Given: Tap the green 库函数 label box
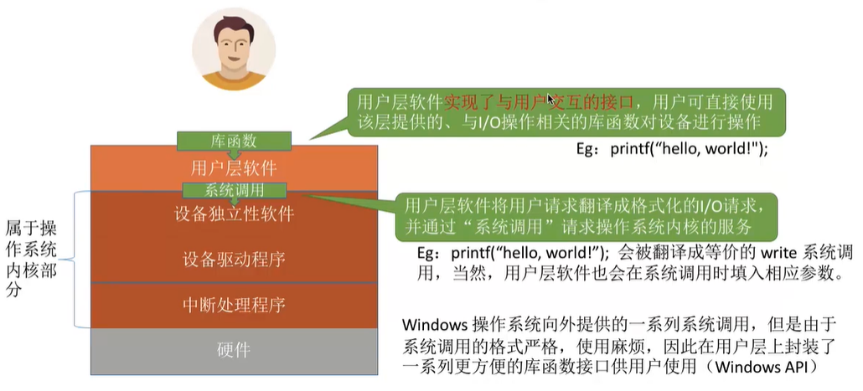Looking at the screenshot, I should point(234,141).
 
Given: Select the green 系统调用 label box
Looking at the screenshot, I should point(235,190).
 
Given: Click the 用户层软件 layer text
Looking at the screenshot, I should point(234,167).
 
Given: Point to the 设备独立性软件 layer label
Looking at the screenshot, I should point(234,214).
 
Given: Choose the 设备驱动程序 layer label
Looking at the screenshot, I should point(234,259).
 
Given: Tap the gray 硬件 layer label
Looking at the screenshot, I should point(234,348).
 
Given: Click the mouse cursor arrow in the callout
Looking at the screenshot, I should point(550,99).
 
